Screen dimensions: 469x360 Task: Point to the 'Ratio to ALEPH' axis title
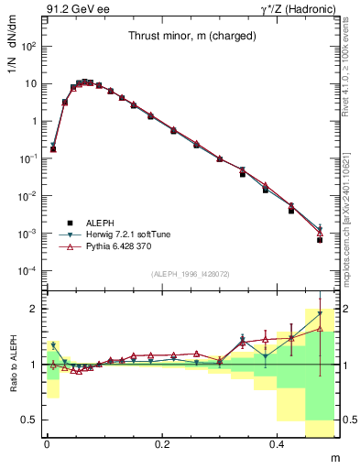tap(13, 364)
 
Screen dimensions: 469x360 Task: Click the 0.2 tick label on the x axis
tap(162, 442)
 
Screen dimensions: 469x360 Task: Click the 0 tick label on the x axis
tap(47, 442)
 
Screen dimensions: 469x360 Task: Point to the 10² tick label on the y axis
tap(29, 46)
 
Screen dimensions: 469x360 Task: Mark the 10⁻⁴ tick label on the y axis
tap(28, 271)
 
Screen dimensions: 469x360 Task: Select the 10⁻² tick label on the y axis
tap(28, 196)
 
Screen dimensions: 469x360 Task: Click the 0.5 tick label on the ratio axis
tap(30, 420)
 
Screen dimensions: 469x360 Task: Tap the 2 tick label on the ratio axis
tap(36, 309)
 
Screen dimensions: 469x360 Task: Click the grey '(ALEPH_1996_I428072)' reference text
tap(190, 276)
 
